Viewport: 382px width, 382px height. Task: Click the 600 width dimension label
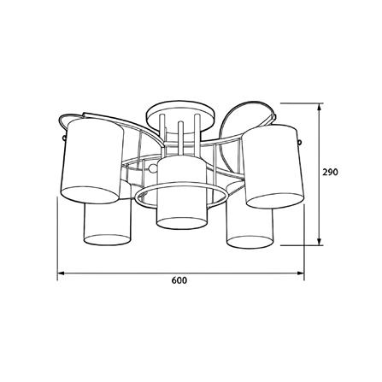point(179,280)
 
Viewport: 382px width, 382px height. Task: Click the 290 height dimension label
point(330,172)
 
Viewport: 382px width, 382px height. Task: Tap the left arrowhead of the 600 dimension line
point(61,273)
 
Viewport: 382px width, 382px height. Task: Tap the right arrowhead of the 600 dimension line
point(301,273)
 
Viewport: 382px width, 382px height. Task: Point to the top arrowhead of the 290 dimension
point(320,107)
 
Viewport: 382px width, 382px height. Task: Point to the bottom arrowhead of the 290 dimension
point(320,242)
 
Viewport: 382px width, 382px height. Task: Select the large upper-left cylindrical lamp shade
point(92,161)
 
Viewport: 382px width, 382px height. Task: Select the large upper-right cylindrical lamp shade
point(273,167)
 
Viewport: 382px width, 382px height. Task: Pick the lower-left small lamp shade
point(108,224)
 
